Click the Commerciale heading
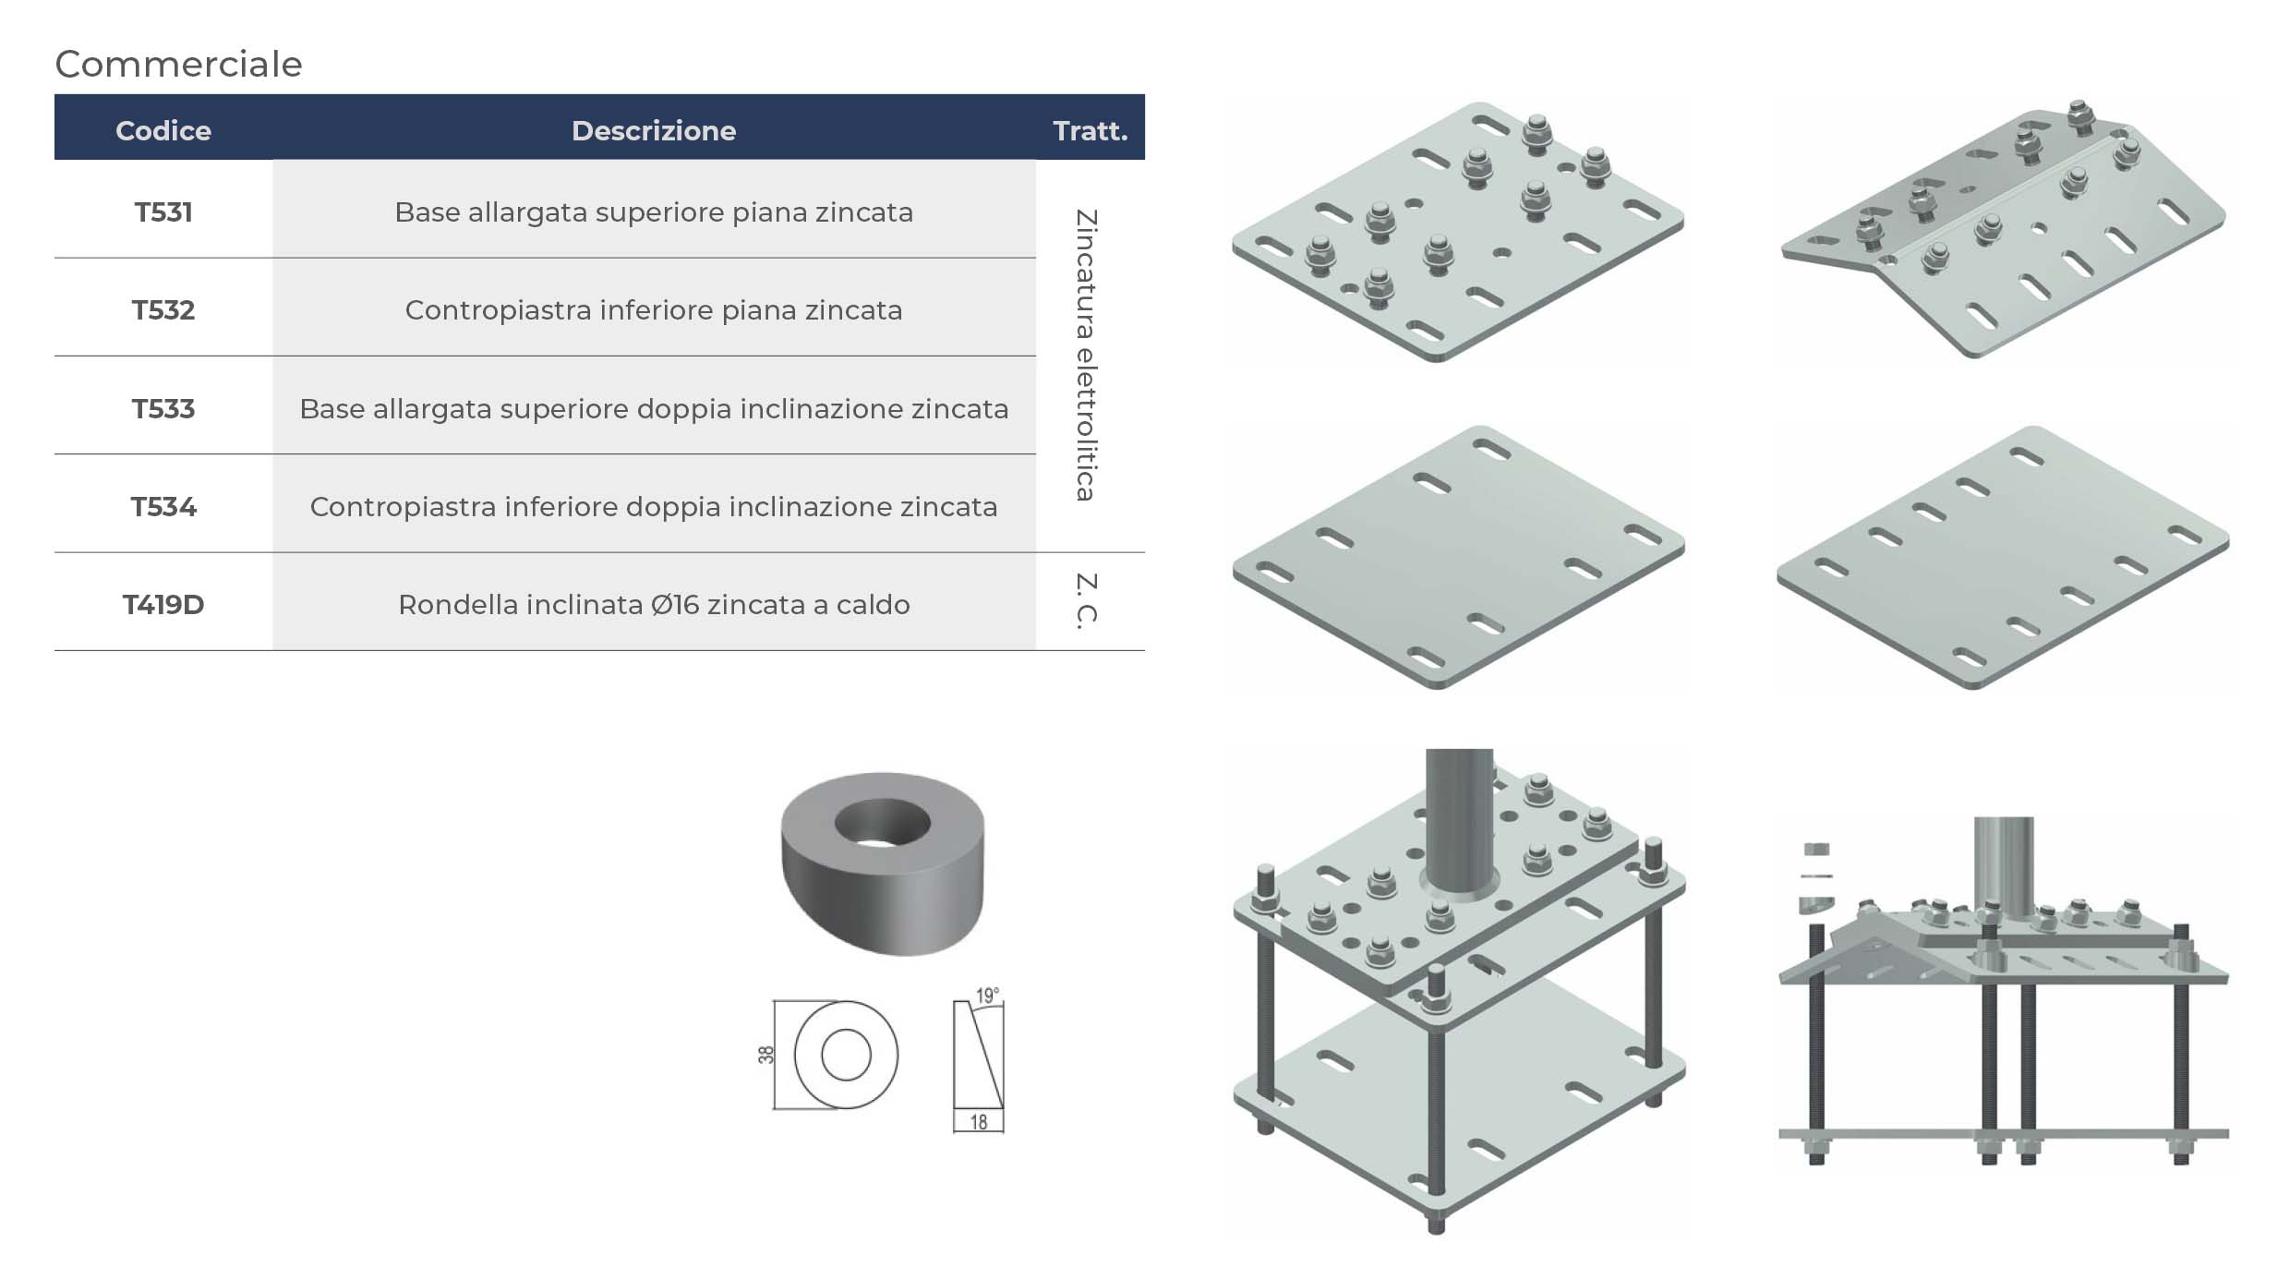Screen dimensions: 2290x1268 tap(178, 64)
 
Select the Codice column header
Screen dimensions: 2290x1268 tap(163, 130)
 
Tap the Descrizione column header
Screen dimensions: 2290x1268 tap(654, 130)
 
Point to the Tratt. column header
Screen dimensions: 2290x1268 tap(1091, 130)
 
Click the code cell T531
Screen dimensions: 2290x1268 tap(163, 212)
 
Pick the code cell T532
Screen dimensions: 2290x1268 tap(163, 310)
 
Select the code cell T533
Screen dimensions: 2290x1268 tap(163, 408)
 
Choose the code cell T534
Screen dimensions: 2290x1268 tap(163, 507)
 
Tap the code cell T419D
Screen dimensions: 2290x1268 tap(163, 605)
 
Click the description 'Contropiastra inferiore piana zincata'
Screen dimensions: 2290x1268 tap(654, 310)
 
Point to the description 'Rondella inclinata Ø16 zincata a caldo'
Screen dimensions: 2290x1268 tap(654, 605)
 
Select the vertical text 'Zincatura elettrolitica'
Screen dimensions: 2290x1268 tap(1086, 356)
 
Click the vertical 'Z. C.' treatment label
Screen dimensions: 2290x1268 tap(1086, 601)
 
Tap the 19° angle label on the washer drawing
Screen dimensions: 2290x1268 tap(987, 996)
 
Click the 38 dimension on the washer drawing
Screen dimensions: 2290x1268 tap(765, 1055)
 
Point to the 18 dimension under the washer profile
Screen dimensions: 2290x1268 tap(979, 1122)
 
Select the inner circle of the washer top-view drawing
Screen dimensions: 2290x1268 tap(846, 1055)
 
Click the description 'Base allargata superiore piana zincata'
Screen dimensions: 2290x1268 tap(654, 212)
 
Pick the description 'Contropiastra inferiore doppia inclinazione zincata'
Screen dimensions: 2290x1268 tap(654, 507)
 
